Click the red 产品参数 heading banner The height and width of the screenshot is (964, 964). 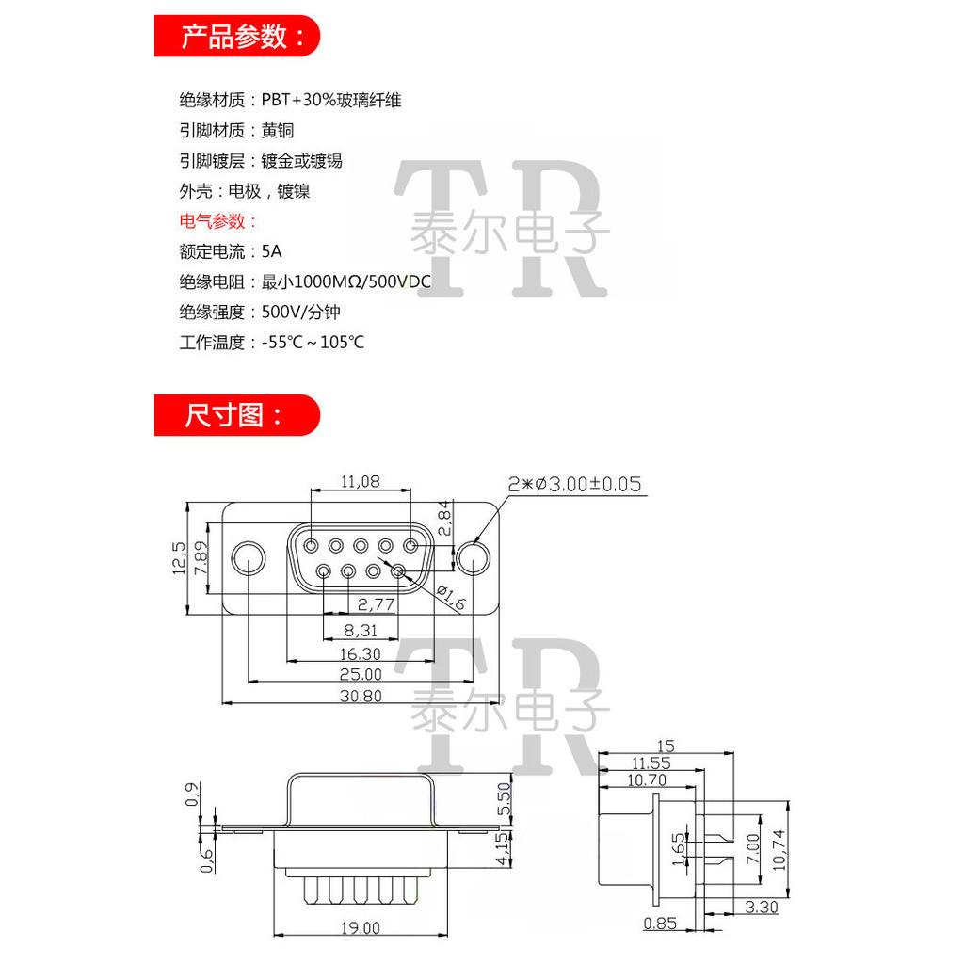[237, 37]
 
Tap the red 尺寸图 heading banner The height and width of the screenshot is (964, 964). [237, 415]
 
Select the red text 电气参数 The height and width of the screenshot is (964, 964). [217, 221]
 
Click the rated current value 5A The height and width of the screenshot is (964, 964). [272, 251]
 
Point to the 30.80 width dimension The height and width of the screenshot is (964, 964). [361, 696]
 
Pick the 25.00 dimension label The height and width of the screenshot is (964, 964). [361, 674]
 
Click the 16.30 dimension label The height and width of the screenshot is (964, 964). [360, 653]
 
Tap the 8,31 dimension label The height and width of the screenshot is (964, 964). [360, 629]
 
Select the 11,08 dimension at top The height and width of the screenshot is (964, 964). [360, 481]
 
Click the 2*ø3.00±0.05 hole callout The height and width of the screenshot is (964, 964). [574, 484]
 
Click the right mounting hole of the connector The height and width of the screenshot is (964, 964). [474, 557]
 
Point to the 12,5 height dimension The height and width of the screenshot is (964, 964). [177, 557]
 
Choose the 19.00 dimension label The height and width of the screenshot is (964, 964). [361, 927]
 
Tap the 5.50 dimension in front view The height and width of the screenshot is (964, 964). [504, 799]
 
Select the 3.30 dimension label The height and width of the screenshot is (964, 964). [761, 908]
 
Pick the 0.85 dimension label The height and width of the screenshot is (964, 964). [661, 924]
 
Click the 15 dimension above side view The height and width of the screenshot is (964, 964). [667, 746]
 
